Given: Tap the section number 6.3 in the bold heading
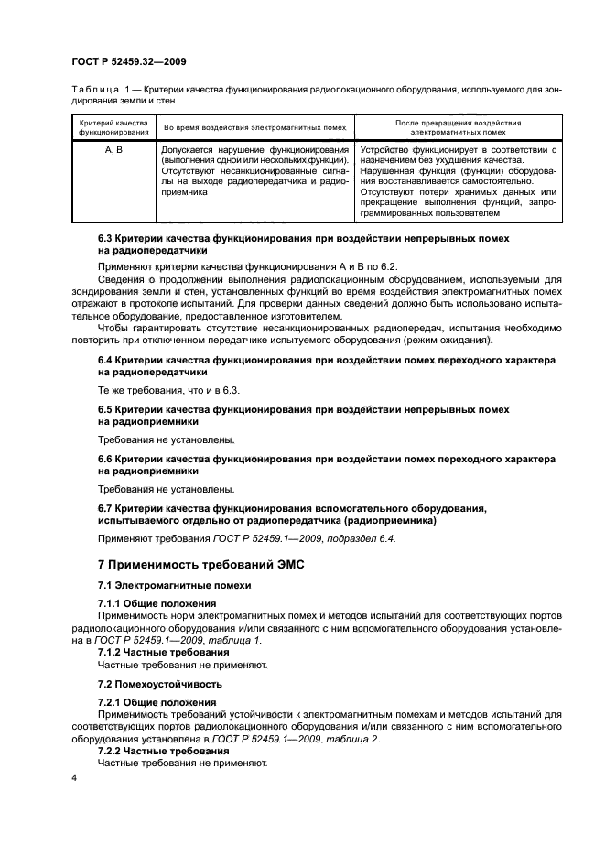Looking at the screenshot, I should coord(107,238).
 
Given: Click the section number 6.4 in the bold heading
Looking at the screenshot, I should coord(107,361).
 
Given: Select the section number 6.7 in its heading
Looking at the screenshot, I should coord(107,506).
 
